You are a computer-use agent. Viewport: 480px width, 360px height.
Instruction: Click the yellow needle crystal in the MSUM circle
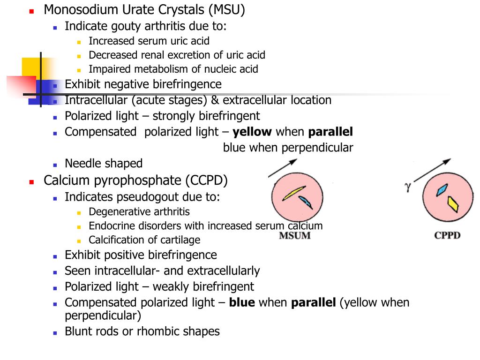pyautogui.click(x=294, y=193)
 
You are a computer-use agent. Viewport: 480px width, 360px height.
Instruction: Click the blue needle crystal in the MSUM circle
pyautogui.click(x=306, y=202)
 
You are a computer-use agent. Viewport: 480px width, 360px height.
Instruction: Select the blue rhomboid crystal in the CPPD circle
pyautogui.click(x=442, y=190)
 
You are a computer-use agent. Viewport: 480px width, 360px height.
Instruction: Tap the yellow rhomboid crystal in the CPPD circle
pyautogui.click(x=453, y=204)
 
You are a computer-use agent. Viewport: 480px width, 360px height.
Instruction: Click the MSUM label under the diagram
pyautogui.click(x=294, y=235)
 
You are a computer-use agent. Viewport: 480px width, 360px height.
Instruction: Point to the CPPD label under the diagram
pyautogui.click(x=447, y=235)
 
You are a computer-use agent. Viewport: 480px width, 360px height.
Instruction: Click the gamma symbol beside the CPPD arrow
pyautogui.click(x=407, y=187)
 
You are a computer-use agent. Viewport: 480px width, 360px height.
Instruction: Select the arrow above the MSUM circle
pyautogui.click(x=283, y=168)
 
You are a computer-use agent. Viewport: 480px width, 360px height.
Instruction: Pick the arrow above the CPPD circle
pyautogui.click(x=432, y=170)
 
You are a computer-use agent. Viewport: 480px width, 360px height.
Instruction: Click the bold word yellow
pyautogui.click(x=252, y=132)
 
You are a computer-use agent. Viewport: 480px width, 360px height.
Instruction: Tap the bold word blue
pyautogui.click(x=242, y=302)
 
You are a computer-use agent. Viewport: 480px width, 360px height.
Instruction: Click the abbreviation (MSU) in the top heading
pyautogui.click(x=227, y=10)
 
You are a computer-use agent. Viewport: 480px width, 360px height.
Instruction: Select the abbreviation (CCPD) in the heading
pyautogui.click(x=206, y=180)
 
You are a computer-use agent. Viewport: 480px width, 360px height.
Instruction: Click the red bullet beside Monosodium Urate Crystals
pyautogui.click(x=31, y=11)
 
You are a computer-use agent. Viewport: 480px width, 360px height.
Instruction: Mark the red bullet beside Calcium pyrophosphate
pyautogui.click(x=31, y=182)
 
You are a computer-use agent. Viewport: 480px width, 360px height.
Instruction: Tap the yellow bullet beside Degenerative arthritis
pyautogui.click(x=79, y=213)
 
